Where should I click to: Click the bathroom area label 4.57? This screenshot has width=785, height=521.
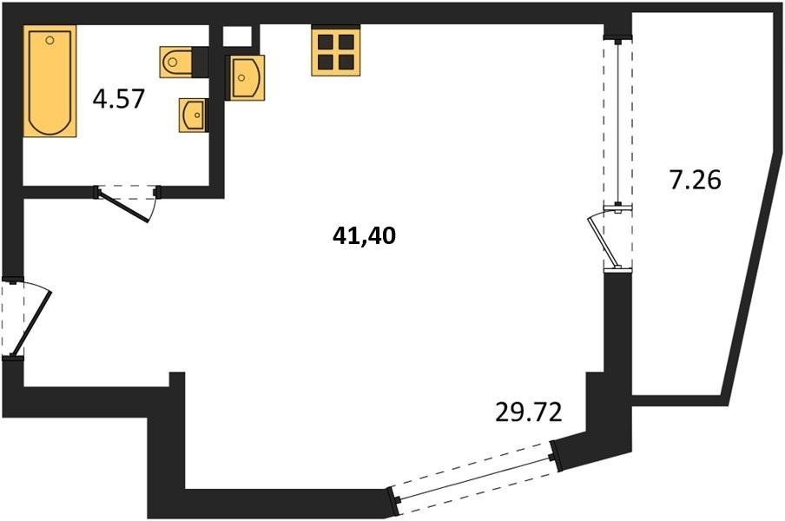click(x=119, y=99)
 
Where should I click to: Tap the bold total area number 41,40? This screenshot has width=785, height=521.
click(x=364, y=235)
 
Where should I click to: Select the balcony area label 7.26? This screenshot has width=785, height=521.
click(x=696, y=180)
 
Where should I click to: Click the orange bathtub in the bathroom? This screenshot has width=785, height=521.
click(x=49, y=81)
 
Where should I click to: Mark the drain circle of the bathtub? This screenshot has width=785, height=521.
click(x=49, y=40)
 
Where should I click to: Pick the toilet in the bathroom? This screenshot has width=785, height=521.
click(x=175, y=62)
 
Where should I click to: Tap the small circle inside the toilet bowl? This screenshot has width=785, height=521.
click(x=173, y=62)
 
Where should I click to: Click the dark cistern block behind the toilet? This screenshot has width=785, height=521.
click(x=201, y=62)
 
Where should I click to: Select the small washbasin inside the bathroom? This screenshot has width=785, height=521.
click(x=193, y=115)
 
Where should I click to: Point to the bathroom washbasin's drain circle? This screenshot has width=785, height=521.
click(x=197, y=115)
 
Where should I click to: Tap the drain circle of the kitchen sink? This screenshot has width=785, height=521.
click(x=241, y=77)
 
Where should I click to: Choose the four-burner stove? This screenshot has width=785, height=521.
click(x=335, y=51)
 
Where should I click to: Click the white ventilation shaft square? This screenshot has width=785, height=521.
click(x=237, y=36)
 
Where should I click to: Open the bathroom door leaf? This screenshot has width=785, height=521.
click(x=123, y=206)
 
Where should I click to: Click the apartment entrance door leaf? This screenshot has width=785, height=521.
click(x=30, y=323)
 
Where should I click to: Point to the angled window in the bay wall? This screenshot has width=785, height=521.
click(x=472, y=477)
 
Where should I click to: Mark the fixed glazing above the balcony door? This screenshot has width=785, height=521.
click(x=618, y=122)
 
